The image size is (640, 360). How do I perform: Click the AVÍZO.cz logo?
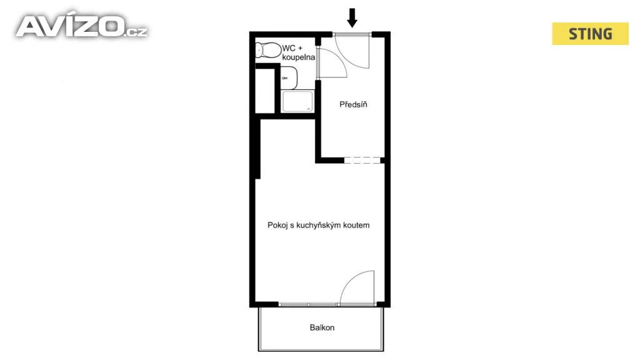[81, 26]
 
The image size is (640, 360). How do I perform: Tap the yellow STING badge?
[590, 34]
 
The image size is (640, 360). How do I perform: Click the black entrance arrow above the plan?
[352, 18]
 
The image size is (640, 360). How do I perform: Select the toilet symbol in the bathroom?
[268, 51]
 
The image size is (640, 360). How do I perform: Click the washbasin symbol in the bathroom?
[289, 78]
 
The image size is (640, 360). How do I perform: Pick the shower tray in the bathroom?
[297, 101]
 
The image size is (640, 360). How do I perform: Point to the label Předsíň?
[353, 104]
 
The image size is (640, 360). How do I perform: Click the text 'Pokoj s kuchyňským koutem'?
[318, 225]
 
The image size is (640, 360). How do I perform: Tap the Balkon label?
[322, 327]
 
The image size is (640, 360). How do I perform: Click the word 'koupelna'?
[298, 57]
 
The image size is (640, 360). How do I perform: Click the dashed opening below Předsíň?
[362, 160]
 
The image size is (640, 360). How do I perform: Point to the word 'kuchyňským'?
[319, 225]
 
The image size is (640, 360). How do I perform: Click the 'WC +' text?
[292, 48]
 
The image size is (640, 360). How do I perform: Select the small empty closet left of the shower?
[265, 91]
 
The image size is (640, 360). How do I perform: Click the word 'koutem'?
[357, 225]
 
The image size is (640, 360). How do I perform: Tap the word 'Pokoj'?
[277, 225]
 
